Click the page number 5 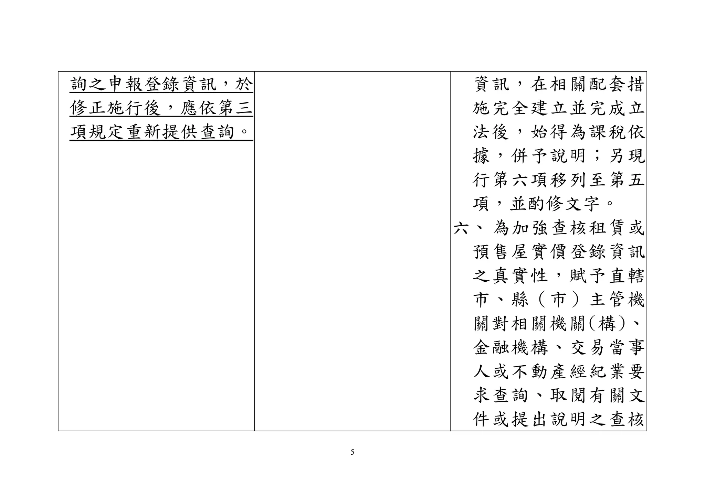[352, 452]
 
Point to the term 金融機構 [511, 348]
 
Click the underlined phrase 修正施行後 [115, 109]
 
